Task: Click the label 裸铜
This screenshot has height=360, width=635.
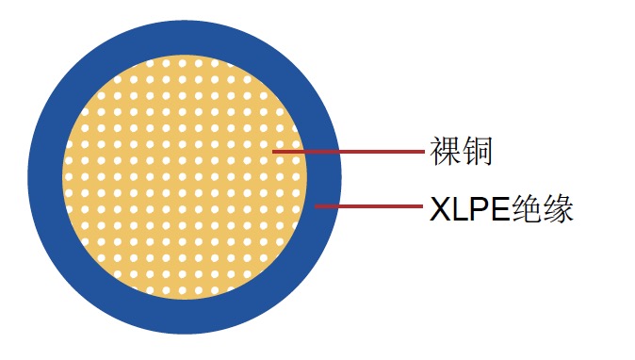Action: (462, 151)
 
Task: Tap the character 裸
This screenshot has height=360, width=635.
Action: (446, 151)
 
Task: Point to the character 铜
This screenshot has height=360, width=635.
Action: (478, 151)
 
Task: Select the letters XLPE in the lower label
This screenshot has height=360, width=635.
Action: (469, 208)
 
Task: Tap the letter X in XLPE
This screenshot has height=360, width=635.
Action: (439, 208)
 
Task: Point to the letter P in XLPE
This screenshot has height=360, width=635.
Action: (478, 208)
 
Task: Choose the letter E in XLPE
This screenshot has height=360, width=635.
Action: (497, 208)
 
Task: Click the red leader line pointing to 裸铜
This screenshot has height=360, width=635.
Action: (349, 151)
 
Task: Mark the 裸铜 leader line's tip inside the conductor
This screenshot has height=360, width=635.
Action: (274, 151)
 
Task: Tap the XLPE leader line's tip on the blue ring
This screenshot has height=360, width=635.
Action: (317, 205)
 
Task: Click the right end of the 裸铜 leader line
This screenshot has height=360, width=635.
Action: (423, 151)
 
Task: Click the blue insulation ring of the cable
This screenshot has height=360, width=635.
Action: (185, 37)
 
